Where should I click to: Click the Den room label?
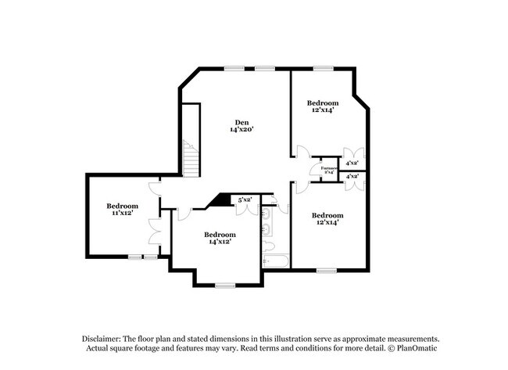point(243,121)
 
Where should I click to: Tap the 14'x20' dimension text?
point(243,130)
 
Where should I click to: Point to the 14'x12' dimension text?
point(220,242)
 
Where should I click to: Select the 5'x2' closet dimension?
point(245,199)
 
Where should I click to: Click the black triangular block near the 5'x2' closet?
point(223,200)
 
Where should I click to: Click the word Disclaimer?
point(106,338)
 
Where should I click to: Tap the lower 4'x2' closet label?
point(352,177)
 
